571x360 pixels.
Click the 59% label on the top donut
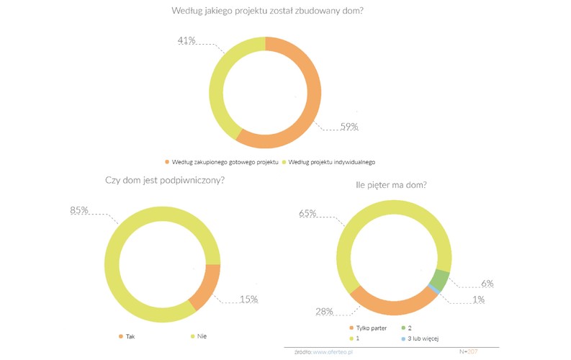[x=349, y=127]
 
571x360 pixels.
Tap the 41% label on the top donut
[x=187, y=40]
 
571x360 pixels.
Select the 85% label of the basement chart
[x=79, y=210]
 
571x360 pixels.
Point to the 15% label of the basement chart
[x=248, y=299]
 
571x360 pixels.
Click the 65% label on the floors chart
[x=308, y=214]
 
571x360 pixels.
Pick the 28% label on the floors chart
[x=323, y=311]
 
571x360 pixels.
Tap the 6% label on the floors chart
[x=487, y=283]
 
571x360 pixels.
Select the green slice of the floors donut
[x=440, y=279]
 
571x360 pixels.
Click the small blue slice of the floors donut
[x=433, y=289]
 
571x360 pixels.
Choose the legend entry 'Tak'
[x=130, y=336]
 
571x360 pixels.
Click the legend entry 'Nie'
[x=201, y=336]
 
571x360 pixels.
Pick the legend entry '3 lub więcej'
[x=426, y=337]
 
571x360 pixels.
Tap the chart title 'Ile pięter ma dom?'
[x=392, y=185]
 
